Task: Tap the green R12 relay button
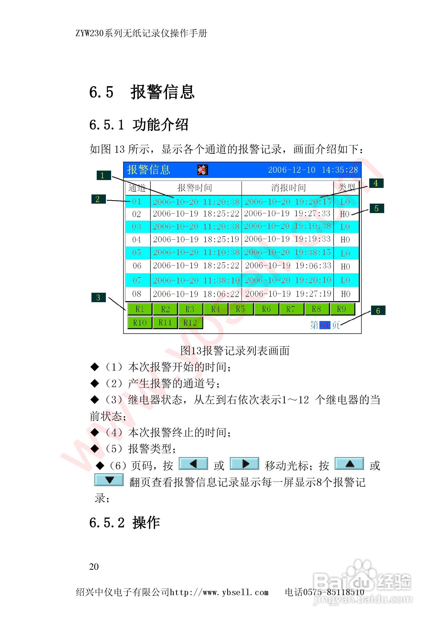(190, 323)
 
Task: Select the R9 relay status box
(342, 309)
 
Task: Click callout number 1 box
(104, 175)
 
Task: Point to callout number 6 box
(378, 310)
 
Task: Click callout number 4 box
(376, 183)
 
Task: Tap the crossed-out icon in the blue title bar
(203, 170)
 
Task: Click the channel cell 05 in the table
(137, 252)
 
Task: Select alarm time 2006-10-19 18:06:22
(196, 294)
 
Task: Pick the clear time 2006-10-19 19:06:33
(288, 265)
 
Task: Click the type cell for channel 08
(345, 294)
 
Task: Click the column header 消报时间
(288, 188)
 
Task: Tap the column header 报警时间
(195, 188)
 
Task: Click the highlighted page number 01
(324, 325)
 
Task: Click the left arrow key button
(193, 464)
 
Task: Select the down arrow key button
(109, 480)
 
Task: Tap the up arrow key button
(349, 464)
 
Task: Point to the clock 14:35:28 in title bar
(340, 170)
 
